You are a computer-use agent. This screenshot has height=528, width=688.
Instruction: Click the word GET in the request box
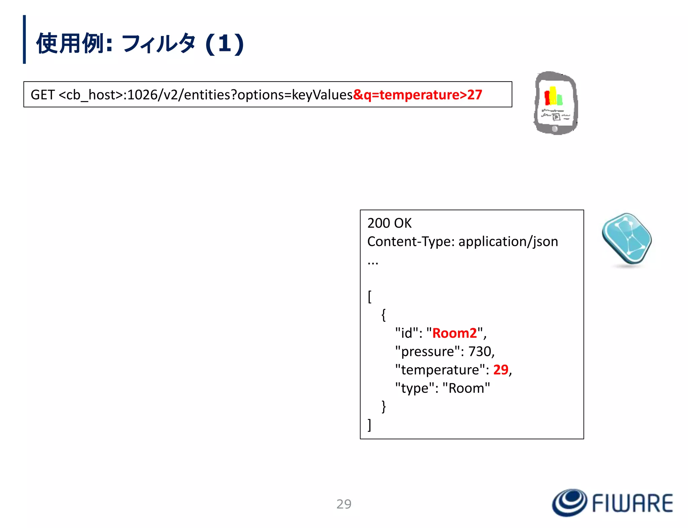click(42, 95)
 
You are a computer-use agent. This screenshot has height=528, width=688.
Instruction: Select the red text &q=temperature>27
click(418, 95)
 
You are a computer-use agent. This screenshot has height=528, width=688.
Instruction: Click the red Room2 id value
click(454, 333)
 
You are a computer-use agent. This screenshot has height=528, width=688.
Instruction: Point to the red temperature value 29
click(501, 370)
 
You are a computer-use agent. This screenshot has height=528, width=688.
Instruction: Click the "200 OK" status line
click(389, 223)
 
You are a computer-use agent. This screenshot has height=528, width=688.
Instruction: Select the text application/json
click(508, 242)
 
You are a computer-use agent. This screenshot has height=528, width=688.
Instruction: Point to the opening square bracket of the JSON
click(370, 297)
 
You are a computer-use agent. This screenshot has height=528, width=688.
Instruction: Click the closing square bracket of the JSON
click(370, 425)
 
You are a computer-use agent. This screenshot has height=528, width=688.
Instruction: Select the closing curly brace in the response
click(384, 406)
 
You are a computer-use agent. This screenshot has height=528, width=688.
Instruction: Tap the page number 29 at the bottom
click(344, 504)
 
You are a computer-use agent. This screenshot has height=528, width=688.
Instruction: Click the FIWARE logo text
click(633, 503)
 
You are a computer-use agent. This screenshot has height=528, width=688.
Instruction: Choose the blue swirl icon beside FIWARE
click(569, 502)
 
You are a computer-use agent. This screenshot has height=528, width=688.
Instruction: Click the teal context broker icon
click(627, 239)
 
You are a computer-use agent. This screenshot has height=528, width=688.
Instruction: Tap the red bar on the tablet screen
click(547, 98)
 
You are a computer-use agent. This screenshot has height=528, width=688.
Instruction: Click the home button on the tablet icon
click(555, 129)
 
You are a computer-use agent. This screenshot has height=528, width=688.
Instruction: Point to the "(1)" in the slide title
click(224, 44)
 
